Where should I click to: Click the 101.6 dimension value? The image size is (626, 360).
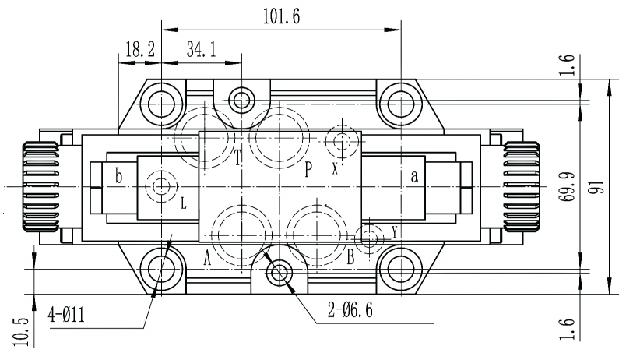point(281,16)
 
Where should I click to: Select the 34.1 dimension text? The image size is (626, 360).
point(201,50)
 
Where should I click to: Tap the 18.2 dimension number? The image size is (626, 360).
point(139,50)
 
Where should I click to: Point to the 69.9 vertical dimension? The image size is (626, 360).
point(567,186)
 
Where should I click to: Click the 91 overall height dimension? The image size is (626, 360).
point(598,186)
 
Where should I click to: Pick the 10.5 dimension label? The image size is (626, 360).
point(20,332)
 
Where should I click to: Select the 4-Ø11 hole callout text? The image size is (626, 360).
point(66,316)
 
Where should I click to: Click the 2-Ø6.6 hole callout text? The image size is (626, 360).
point(350,309)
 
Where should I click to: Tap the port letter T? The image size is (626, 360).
point(237,157)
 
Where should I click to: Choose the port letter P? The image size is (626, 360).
point(308,169)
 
